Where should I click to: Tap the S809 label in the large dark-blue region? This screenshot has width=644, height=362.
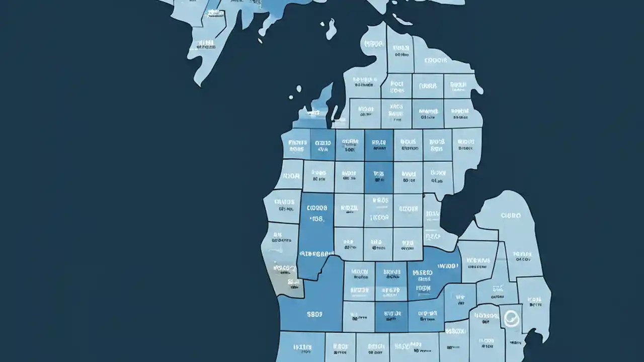click(314, 314)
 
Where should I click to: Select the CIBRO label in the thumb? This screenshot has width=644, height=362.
click(511, 215)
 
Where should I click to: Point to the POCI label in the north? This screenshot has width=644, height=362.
click(396, 84)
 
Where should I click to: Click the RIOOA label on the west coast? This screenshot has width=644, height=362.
click(291, 176)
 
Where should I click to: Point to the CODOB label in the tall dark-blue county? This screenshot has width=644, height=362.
click(317, 207)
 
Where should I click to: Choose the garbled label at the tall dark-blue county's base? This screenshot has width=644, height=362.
click(316, 253)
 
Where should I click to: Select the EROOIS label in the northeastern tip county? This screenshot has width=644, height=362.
click(435, 61)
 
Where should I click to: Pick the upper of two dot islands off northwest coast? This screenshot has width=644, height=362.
click(299, 89)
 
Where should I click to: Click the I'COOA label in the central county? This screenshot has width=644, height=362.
click(379, 218)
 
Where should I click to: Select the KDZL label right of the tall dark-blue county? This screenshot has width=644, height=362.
click(349, 207)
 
